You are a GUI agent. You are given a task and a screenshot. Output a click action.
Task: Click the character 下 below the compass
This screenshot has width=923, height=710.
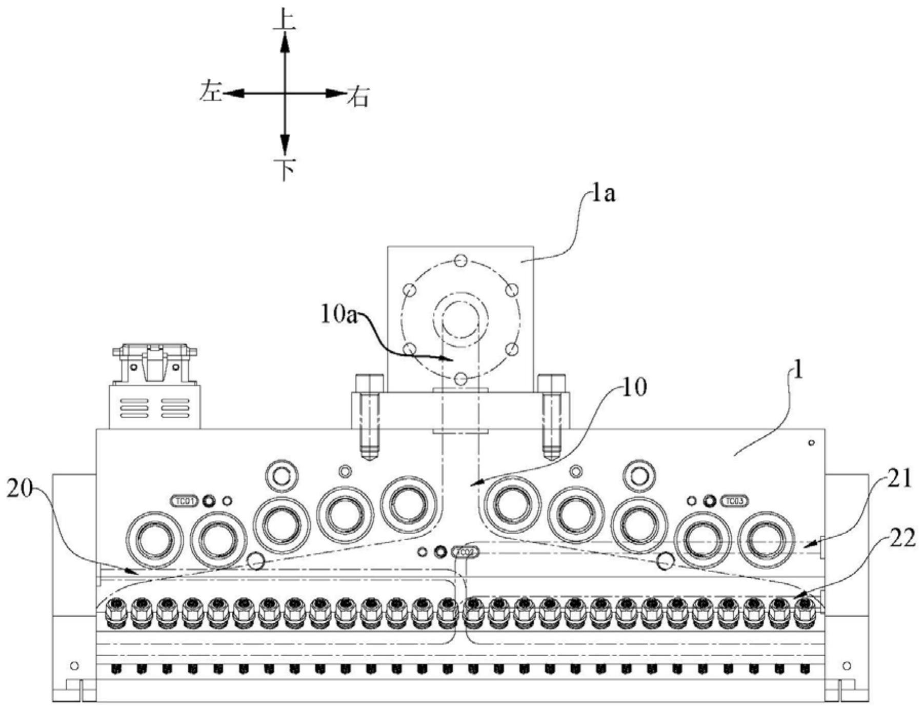[x=285, y=169]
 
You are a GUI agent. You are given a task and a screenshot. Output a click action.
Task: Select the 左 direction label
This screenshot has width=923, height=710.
[x=211, y=92]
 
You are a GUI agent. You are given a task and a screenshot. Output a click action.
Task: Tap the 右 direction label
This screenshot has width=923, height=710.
[x=358, y=96]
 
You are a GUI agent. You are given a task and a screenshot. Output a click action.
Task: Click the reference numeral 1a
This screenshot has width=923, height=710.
[x=603, y=194]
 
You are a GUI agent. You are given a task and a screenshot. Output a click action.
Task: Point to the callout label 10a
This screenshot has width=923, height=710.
[x=338, y=314]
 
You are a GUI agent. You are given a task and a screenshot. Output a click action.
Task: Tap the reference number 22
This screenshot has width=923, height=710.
[x=900, y=539]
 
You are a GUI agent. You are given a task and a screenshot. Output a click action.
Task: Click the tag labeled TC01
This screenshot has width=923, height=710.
[x=184, y=500]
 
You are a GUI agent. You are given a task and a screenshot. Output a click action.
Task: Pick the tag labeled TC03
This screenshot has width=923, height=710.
[x=734, y=500]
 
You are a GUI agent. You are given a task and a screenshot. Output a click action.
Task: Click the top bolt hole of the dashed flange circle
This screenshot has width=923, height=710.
[x=460, y=259]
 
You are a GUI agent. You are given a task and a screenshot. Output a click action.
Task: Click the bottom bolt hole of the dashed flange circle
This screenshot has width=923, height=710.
[x=460, y=379]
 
